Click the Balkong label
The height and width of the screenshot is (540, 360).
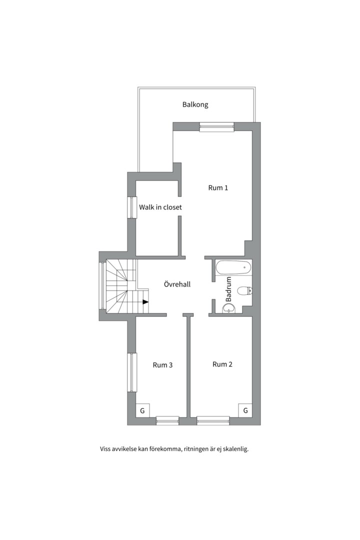click(195, 104)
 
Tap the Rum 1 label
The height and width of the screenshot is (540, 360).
click(218, 187)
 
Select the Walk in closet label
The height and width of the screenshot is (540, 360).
click(160, 207)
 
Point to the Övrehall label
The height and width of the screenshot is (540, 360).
click(177, 284)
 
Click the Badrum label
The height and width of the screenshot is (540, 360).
click(228, 289)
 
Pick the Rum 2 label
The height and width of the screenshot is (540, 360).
click(222, 364)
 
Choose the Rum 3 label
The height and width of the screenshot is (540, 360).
click(162, 365)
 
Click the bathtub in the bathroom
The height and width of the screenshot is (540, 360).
click(233, 267)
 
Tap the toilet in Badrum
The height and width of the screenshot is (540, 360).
click(245, 290)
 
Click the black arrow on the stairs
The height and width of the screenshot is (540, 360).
click(145, 302)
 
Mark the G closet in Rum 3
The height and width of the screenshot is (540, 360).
click(142, 410)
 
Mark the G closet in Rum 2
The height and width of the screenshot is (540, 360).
click(245, 410)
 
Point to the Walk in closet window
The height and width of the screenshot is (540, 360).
click(132, 207)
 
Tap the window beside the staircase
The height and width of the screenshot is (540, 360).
click(102, 285)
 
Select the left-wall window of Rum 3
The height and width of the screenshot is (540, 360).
click(132, 372)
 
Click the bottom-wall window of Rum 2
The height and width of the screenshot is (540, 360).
click(213, 420)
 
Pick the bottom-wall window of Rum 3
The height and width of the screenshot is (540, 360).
click(168, 420)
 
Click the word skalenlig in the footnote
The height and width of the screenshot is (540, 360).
click(235, 449)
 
